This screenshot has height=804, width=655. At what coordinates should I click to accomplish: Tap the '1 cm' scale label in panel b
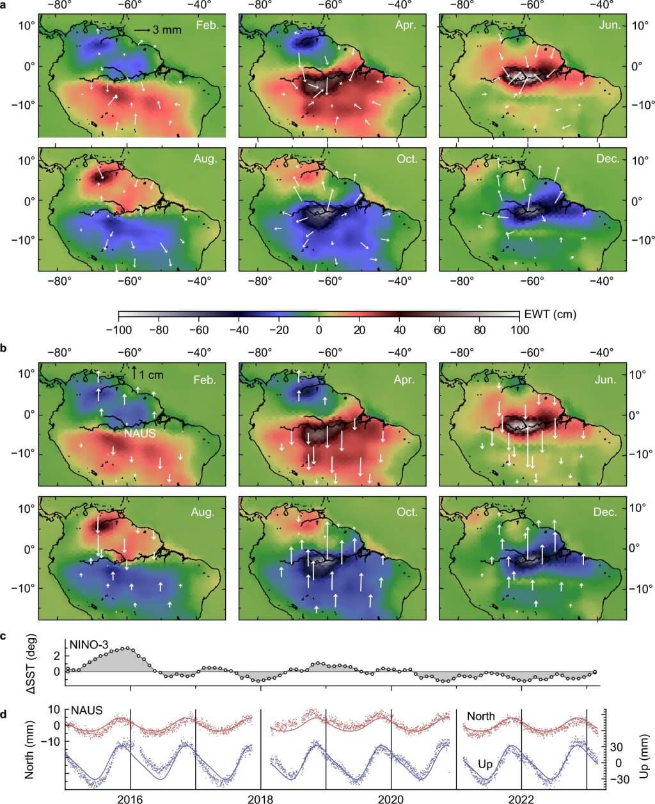coord(151,375)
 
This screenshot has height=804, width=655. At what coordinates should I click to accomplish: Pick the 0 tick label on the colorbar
coord(319,330)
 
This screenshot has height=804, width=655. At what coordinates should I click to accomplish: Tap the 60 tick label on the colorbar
coord(439,330)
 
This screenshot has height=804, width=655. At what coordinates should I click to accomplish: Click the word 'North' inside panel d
coord(480,716)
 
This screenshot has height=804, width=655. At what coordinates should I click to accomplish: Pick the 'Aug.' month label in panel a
coord(206,159)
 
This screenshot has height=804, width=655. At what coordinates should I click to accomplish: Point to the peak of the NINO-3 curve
coord(127,648)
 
